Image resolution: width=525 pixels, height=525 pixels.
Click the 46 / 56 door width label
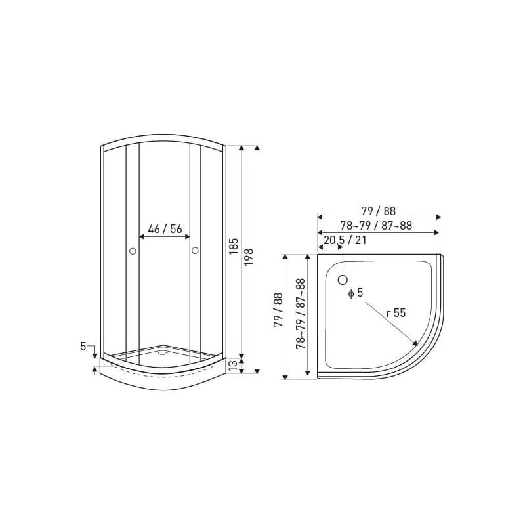(x=165, y=229)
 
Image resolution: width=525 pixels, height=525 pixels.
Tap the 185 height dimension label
(x=234, y=246)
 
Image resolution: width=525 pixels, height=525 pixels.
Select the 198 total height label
(x=249, y=257)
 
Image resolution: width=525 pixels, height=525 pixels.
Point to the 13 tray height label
(x=234, y=366)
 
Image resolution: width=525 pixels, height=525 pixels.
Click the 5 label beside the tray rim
(x=83, y=346)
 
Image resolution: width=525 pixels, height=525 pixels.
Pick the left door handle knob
(x=133, y=251)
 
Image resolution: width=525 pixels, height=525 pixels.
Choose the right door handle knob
(x=195, y=251)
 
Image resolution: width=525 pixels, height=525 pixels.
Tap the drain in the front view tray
(x=163, y=352)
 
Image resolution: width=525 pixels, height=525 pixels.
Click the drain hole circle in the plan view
(x=343, y=280)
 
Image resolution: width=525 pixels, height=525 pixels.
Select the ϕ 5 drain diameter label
(x=356, y=293)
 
